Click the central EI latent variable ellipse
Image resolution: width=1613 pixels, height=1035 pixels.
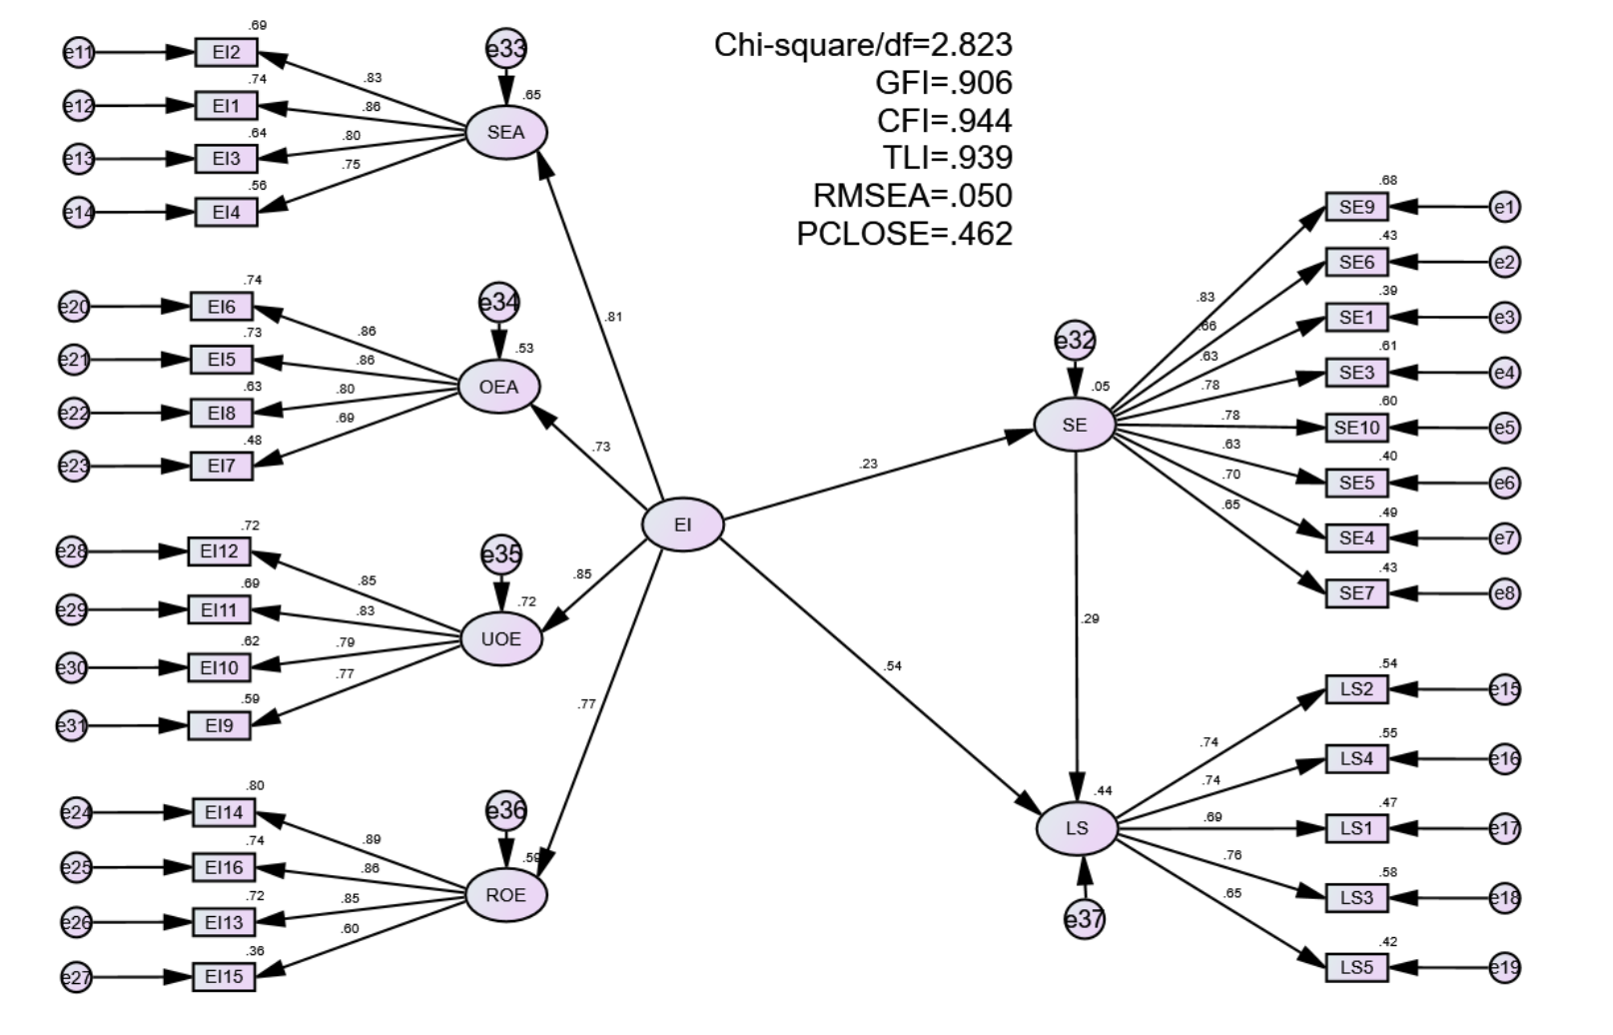[682, 524]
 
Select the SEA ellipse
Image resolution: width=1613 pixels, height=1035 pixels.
[506, 132]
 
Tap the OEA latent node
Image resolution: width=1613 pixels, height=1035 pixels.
[499, 387]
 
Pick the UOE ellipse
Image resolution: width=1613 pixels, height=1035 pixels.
[500, 639]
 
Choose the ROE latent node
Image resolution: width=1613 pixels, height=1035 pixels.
[506, 894]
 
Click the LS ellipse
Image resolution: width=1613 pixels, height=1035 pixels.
[1077, 828]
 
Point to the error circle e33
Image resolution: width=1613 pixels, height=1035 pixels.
[506, 48]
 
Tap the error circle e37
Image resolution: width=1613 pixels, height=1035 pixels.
[1084, 918]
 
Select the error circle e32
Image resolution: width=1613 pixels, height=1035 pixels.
[1075, 341]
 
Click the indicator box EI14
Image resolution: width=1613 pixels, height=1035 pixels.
[224, 812]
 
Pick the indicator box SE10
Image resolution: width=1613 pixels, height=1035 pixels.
[1356, 428]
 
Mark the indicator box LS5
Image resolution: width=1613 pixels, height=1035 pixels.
[1356, 967]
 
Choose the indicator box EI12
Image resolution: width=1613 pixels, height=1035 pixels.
[219, 550]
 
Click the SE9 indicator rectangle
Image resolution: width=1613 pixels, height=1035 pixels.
[1356, 208]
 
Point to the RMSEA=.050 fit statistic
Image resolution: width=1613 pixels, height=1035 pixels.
[912, 195]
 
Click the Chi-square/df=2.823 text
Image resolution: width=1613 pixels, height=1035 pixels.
[863, 45]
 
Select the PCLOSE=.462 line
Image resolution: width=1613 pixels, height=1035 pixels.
[904, 233]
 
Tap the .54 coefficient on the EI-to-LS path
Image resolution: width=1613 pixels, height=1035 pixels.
[893, 665]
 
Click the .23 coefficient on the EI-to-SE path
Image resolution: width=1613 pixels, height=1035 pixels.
[868, 464]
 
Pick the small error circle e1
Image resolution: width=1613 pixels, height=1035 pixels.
[1504, 208]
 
